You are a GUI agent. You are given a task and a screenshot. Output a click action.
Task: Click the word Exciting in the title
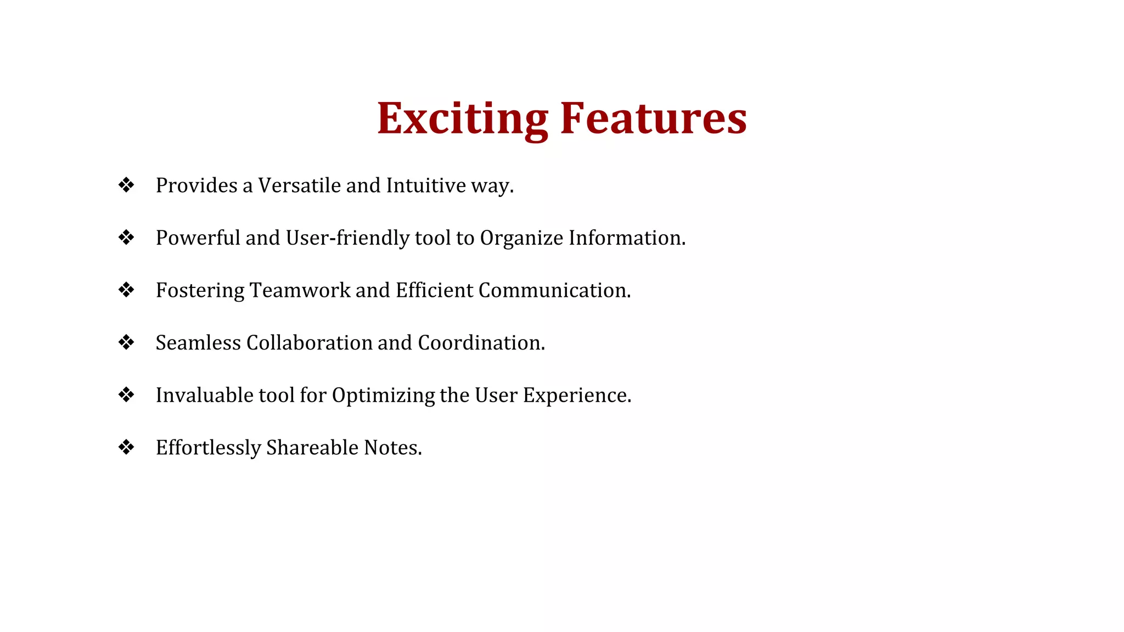[x=462, y=119]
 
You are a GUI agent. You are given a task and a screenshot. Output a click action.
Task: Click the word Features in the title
[x=653, y=119]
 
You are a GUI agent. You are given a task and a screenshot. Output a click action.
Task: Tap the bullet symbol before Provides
[x=126, y=185]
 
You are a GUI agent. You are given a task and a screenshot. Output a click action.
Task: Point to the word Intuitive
[x=426, y=185]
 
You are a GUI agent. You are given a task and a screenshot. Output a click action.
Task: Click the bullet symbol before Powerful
[x=126, y=238]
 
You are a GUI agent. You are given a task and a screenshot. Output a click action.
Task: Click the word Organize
[x=521, y=238]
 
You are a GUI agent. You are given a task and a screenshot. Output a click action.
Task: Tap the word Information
[x=627, y=238]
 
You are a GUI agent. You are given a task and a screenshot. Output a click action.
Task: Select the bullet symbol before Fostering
[x=126, y=290]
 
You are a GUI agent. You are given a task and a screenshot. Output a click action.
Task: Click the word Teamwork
[x=300, y=290]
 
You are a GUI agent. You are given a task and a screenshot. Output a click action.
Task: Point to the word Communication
[x=554, y=290]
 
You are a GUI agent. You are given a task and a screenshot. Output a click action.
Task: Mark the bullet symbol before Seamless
[x=126, y=342]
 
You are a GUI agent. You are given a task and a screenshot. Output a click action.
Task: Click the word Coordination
[x=481, y=342]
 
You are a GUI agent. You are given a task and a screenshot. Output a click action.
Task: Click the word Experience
[x=576, y=395]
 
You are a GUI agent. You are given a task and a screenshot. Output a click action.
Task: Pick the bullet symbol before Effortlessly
[x=126, y=447]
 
